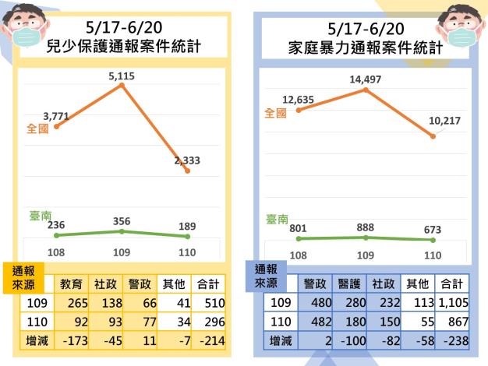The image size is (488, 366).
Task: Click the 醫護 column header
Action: click(349, 284)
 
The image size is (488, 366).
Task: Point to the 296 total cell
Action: click(208, 321)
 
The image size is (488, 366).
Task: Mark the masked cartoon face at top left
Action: click(23, 27)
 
